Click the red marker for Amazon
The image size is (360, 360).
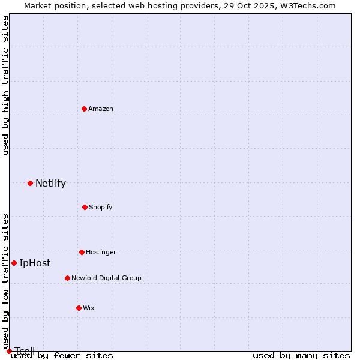tap(85, 109)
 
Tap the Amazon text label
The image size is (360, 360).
tap(101, 109)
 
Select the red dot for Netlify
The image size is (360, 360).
tap(30, 183)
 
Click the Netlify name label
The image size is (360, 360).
tap(50, 184)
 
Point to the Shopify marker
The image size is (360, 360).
tap(85, 207)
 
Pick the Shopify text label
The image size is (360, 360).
tap(100, 207)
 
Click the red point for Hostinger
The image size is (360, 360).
tap(82, 252)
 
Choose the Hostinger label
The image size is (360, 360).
tap(101, 252)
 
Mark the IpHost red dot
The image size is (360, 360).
tap(14, 263)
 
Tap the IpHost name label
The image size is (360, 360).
tap(35, 263)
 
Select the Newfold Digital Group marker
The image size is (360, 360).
tap(67, 278)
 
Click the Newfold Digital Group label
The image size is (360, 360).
tap(106, 278)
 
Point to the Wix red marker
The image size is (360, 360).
tap(79, 308)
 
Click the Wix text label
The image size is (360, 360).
tap(89, 308)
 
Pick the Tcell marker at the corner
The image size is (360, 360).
tap(9, 351)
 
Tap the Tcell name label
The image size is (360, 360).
tap(25, 351)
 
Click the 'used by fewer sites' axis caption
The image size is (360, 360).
tap(62, 356)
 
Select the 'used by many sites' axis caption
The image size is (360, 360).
tap(301, 356)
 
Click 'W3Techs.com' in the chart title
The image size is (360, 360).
tap(310, 6)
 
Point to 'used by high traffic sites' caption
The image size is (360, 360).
tap(6, 85)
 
